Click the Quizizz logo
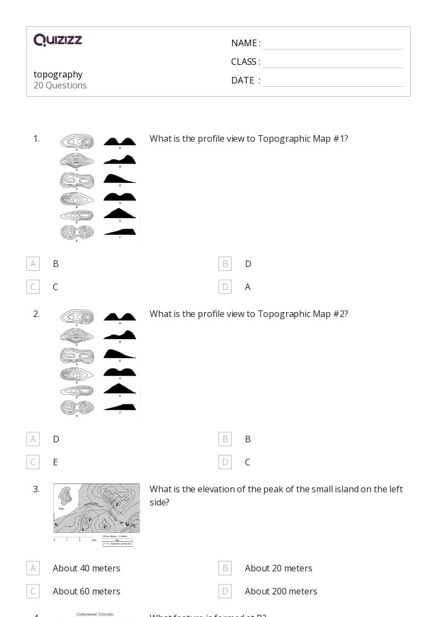tap(58, 40)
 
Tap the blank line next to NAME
tap(332, 44)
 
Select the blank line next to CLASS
tap(332, 63)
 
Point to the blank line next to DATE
tap(332, 81)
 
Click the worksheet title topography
tap(58, 74)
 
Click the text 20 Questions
tap(60, 85)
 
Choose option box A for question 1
tap(33, 264)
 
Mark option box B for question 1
tap(225, 264)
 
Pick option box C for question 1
tap(33, 287)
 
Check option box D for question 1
tap(225, 287)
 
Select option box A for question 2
tap(33, 439)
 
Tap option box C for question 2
tap(33, 462)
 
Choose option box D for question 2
tap(225, 462)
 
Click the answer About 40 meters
tap(86, 568)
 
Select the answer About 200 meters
tap(281, 591)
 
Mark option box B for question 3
tap(225, 568)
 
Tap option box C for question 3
tap(33, 591)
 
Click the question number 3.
tap(36, 489)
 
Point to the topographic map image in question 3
tap(96, 515)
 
